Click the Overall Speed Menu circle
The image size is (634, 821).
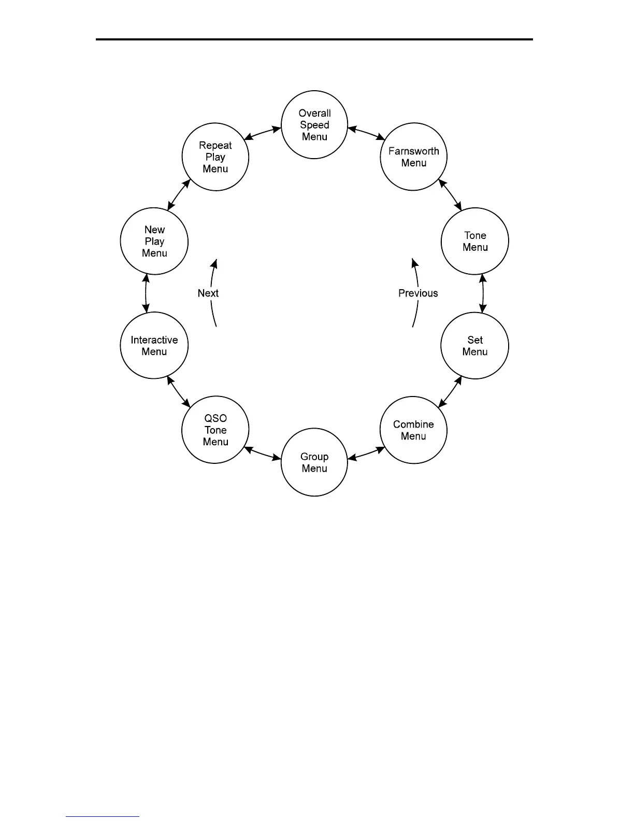[x=314, y=125]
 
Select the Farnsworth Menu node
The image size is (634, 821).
[x=413, y=157]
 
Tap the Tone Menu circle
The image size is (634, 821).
[x=474, y=241]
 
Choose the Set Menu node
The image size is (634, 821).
[x=474, y=346]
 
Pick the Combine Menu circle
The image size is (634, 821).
[x=413, y=430]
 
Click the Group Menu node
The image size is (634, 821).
[x=314, y=462]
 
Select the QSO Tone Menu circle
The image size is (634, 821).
[x=215, y=430]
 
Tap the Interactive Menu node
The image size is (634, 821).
[x=154, y=346]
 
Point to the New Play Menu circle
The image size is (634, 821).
[x=154, y=241]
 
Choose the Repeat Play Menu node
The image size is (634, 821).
[x=215, y=157]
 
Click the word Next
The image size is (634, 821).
[x=208, y=293]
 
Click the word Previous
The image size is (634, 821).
[x=418, y=293]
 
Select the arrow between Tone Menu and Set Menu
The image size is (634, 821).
[x=483, y=293]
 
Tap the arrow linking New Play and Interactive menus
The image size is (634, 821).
[x=147, y=293]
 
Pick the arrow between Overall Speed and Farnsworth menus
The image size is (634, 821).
[x=366, y=133]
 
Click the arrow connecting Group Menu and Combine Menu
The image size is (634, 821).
[x=366, y=454]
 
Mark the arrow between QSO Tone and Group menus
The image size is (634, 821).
[x=262, y=454]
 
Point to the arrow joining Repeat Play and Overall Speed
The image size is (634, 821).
[x=263, y=133]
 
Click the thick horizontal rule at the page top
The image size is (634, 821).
[x=314, y=39]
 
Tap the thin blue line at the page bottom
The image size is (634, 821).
[x=103, y=817]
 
